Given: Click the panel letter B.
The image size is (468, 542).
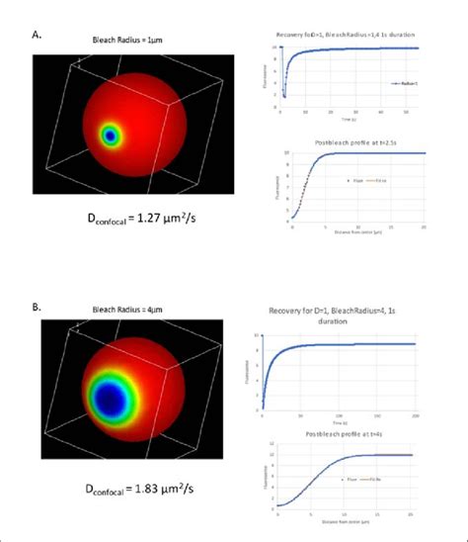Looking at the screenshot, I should coord(37,308).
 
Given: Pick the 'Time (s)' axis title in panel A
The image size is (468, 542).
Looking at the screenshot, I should coord(357,119).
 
